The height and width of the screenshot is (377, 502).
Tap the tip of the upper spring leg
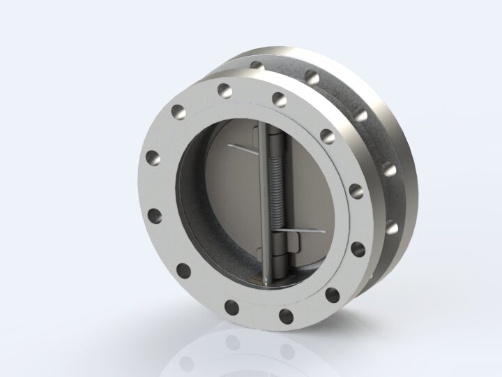pyautogui.click(x=229, y=146)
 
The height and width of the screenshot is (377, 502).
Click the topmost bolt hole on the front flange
pyautogui.click(x=224, y=89)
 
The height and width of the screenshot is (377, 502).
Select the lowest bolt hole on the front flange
pyautogui.click(x=287, y=316)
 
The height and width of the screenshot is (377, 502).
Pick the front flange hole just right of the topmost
pyautogui.click(x=279, y=98)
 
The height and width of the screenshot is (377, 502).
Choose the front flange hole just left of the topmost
pyautogui.click(x=177, y=110)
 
